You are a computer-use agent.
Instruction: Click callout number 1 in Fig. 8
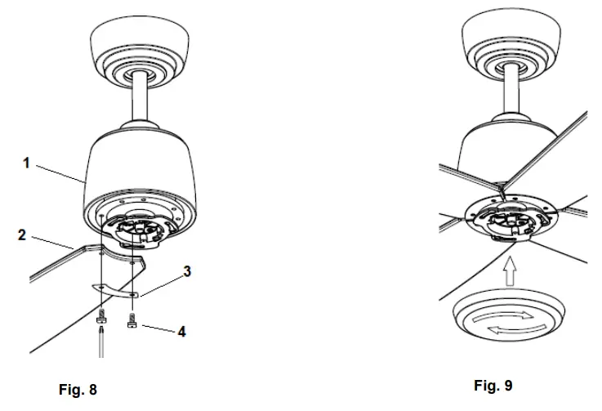click(27, 163)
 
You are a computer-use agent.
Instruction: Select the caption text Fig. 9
click(493, 385)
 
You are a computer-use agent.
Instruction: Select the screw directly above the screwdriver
click(100, 317)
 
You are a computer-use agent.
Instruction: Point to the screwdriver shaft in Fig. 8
click(100, 343)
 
